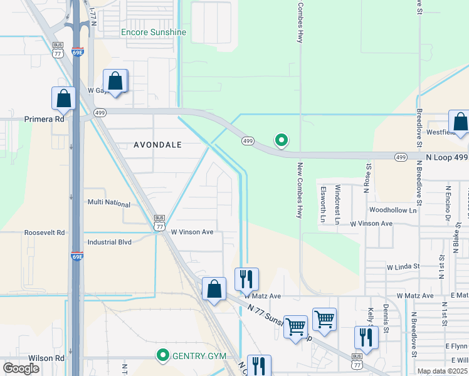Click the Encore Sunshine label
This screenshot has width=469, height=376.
(154, 32)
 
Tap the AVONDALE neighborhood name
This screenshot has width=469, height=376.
(157, 145)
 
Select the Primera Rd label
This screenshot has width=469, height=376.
(44, 118)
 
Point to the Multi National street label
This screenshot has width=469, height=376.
(108, 204)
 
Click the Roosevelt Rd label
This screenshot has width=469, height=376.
(44, 232)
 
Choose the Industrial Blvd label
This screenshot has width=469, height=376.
(110, 242)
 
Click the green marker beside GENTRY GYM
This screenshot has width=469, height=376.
(163, 356)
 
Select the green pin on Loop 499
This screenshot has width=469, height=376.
(282, 140)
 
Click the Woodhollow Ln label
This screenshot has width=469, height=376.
(393, 211)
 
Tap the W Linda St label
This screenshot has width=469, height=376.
(403, 267)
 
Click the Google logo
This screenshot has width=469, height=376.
(21, 368)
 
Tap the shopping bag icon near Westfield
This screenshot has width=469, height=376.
(460, 122)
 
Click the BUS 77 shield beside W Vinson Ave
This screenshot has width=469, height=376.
(159, 223)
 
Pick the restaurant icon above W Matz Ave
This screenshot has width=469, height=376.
(246, 278)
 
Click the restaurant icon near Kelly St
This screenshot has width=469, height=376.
(366, 337)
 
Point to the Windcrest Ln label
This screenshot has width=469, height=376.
(337, 196)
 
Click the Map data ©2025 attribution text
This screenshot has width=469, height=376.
(443, 371)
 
